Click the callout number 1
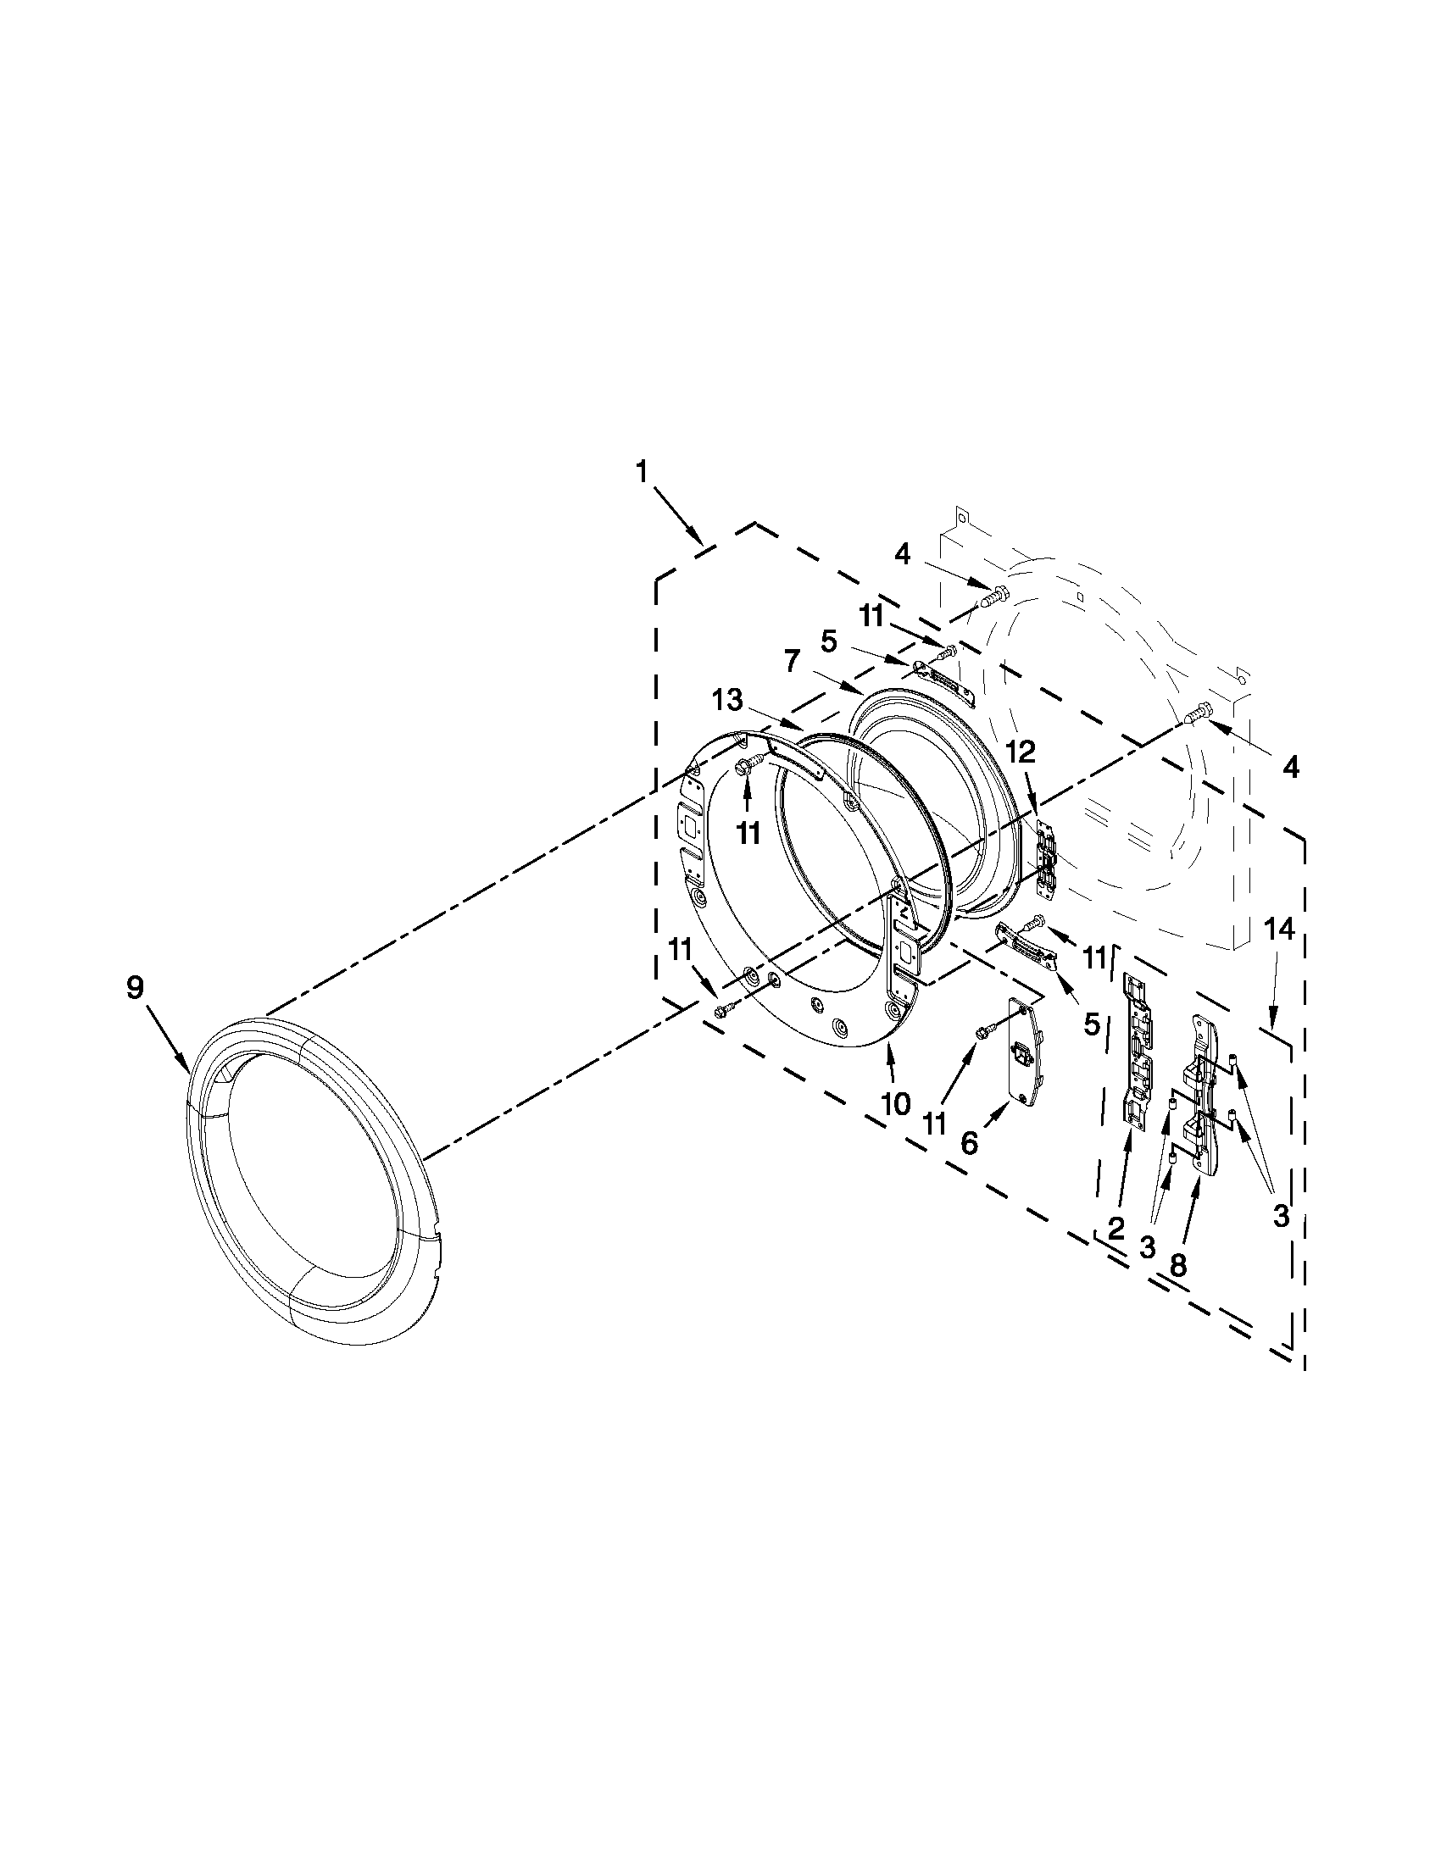pyautogui.click(x=642, y=472)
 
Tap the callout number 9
pyautogui.click(x=136, y=988)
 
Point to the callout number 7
pyautogui.click(x=792, y=660)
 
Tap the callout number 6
pyautogui.click(x=969, y=1142)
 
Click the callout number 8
pyautogui.click(x=1177, y=1264)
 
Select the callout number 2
pyautogui.click(x=1116, y=1229)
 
